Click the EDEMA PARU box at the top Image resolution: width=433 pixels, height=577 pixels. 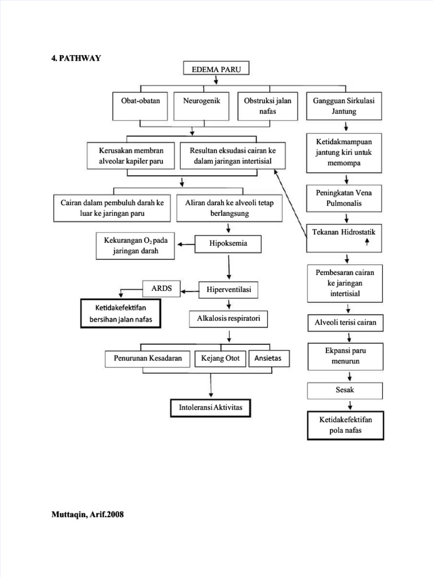point(216,69)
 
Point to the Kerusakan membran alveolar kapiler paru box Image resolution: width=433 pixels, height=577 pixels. point(131,156)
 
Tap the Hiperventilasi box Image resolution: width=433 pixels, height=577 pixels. point(228,290)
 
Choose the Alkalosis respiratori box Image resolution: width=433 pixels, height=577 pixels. point(228,319)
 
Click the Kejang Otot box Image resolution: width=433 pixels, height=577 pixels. point(220,358)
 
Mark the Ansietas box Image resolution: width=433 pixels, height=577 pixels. point(268,358)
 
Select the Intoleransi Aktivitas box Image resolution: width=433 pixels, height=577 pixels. point(210,407)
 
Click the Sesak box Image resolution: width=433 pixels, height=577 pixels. point(345,390)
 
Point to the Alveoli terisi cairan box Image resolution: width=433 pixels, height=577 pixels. point(345,323)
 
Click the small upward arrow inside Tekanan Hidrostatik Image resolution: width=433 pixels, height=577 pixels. point(367,242)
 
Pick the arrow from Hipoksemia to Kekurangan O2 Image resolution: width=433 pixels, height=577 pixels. point(186,244)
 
